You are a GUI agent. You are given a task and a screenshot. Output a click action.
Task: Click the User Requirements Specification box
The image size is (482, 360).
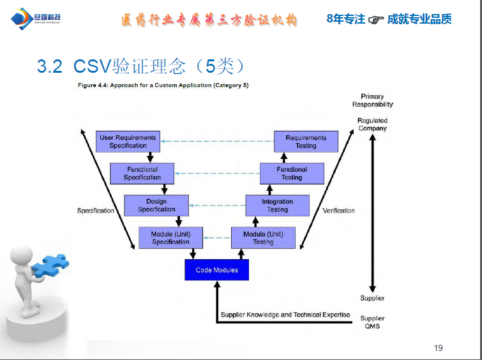point(128,141)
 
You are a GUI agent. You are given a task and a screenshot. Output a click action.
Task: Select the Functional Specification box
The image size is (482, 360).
point(142,174)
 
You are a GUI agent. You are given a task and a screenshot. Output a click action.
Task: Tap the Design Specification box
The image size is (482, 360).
point(156,206)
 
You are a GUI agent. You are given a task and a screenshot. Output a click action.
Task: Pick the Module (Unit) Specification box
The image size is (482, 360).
point(170,238)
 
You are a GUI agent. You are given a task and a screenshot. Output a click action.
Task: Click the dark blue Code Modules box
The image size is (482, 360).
point(216,270)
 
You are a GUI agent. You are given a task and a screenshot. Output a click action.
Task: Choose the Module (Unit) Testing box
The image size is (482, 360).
point(263,238)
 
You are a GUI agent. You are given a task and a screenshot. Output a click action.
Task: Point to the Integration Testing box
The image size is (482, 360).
point(277,206)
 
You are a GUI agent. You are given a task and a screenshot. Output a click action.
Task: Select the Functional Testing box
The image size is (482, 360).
point(292,174)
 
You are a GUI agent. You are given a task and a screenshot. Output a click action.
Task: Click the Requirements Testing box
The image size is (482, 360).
point(306,141)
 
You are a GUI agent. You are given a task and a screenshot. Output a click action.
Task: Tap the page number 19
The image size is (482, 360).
point(438,348)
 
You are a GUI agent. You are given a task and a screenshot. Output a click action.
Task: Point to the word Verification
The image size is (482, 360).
point(338,211)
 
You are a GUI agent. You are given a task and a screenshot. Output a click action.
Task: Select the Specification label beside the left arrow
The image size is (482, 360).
point(96,211)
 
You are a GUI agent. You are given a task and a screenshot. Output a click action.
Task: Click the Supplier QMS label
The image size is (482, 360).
point(372,322)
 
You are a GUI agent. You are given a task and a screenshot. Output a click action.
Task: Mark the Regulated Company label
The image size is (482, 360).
point(372,124)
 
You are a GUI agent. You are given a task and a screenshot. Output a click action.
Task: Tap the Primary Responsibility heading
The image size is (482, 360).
point(372,100)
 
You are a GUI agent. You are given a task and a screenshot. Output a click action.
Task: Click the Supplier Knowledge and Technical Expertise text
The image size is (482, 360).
point(285,315)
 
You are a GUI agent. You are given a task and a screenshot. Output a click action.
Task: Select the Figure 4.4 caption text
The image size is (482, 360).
point(163,86)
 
